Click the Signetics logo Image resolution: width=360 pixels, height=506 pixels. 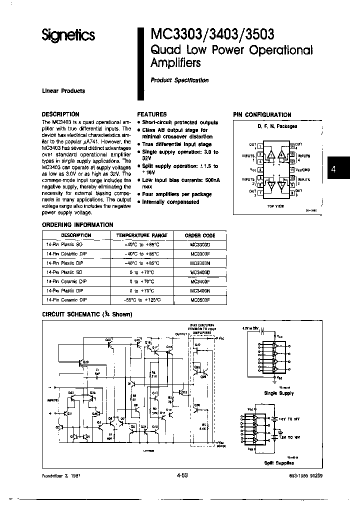click(x=68, y=35)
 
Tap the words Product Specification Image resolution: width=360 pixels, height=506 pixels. click(x=179, y=80)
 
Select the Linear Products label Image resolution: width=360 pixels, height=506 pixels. click(x=63, y=91)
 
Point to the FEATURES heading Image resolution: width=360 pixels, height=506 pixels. click(x=152, y=114)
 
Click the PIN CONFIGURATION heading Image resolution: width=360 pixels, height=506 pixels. click(x=262, y=114)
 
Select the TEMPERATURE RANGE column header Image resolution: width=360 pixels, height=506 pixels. click(x=141, y=235)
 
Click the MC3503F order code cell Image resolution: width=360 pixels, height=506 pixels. click(x=200, y=299)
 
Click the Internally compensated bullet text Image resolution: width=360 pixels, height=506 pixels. click(x=170, y=202)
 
